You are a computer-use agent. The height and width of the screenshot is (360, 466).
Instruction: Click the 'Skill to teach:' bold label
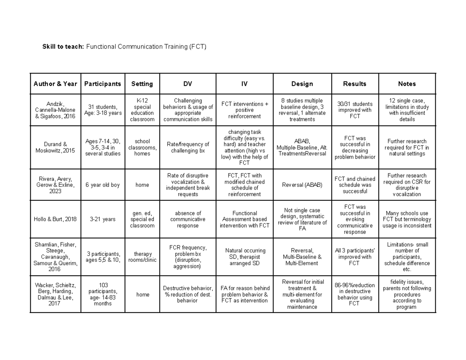click(x=63, y=47)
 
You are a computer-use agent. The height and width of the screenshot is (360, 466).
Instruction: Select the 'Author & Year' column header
click(x=55, y=84)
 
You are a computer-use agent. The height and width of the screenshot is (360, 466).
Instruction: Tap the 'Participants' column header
click(x=103, y=84)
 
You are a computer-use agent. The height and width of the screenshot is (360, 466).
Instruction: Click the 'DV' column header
click(x=188, y=84)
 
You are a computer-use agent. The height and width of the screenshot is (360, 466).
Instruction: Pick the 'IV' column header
click(x=244, y=84)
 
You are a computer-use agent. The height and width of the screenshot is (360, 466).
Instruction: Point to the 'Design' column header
click(x=302, y=84)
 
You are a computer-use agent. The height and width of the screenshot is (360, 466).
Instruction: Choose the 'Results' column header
click(x=355, y=84)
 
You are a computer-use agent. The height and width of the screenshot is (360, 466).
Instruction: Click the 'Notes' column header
click(x=407, y=84)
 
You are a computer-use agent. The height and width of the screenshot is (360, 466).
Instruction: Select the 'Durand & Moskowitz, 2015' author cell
click(x=55, y=148)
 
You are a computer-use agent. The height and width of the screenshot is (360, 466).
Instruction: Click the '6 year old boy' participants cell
click(x=103, y=185)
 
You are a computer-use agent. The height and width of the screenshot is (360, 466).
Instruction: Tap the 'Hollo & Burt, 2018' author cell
click(x=55, y=219)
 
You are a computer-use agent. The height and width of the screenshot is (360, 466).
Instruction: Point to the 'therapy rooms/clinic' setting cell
click(x=142, y=257)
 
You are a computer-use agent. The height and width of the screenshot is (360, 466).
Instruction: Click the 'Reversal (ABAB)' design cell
click(x=302, y=185)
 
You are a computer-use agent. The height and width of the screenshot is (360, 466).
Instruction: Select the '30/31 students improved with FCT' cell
click(x=355, y=110)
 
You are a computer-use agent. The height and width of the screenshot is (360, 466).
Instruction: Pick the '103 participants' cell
click(x=103, y=294)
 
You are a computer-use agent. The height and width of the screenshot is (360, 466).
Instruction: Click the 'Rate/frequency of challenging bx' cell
click(x=188, y=148)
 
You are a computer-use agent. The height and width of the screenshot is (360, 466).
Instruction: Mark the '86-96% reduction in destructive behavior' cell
click(x=355, y=294)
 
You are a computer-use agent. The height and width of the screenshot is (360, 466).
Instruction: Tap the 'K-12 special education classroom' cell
click(x=142, y=110)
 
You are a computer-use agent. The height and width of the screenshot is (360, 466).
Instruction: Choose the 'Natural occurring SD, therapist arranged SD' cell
click(x=244, y=257)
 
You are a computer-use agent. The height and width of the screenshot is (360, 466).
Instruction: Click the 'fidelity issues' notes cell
click(x=407, y=294)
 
